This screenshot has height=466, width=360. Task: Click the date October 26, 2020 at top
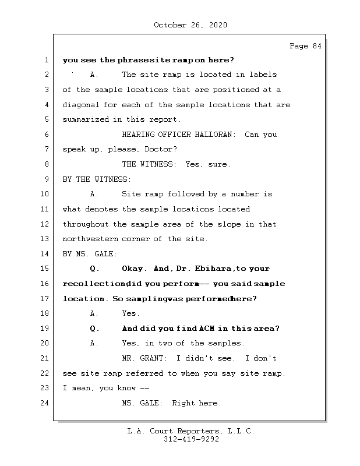point(190,25)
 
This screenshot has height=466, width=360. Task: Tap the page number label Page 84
point(305,46)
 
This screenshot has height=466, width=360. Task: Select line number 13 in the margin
point(45,239)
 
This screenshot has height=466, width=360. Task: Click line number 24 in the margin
point(45,403)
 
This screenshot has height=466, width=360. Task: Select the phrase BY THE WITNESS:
point(97,179)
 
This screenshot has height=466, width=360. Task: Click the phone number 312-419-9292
point(191,440)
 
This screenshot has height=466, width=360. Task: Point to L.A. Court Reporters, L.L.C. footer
point(190,431)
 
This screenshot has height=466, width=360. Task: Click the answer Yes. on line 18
point(130,313)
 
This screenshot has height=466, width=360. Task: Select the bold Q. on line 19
point(95,329)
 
